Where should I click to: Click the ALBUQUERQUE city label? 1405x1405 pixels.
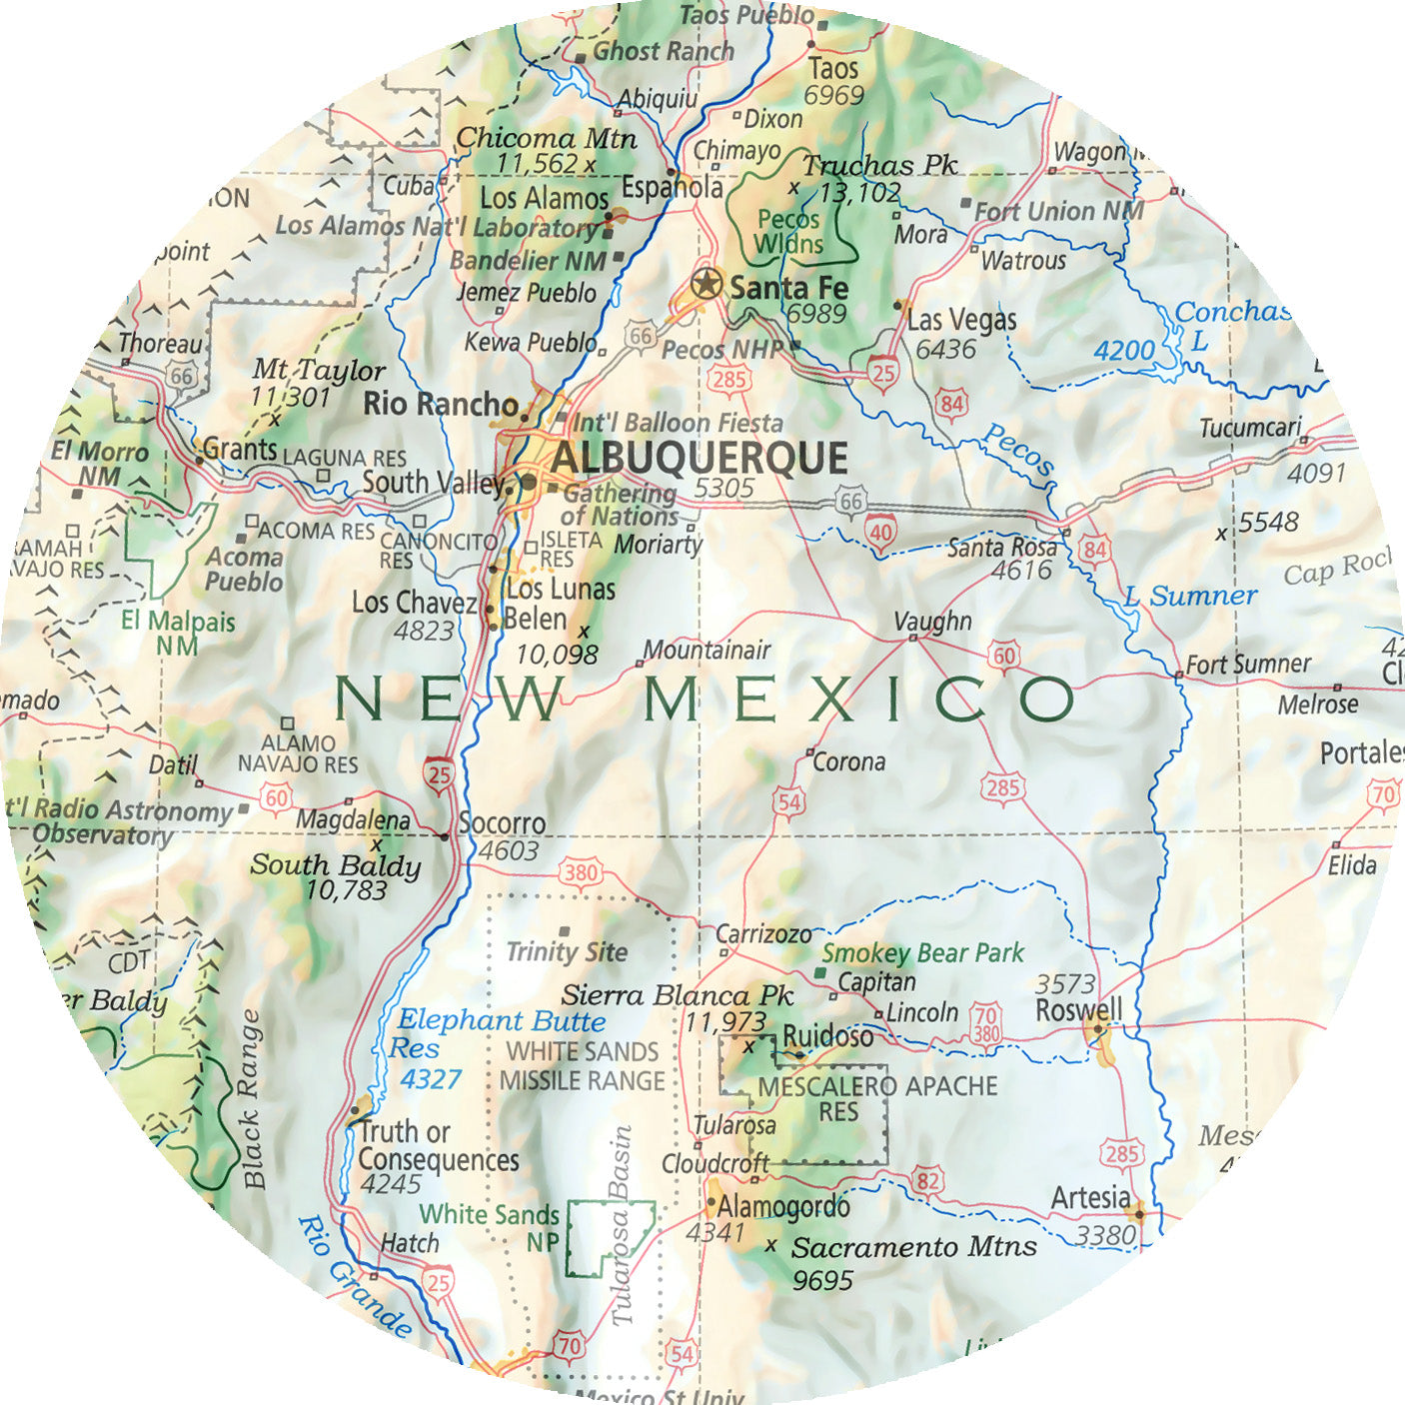(699, 459)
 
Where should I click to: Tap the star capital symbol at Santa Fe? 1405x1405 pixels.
(706, 285)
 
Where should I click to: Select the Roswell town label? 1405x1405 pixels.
(1078, 1010)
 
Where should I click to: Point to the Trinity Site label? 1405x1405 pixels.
(567, 952)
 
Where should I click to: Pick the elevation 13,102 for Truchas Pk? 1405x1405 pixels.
(859, 193)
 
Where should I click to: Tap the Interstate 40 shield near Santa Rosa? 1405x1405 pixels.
(879, 532)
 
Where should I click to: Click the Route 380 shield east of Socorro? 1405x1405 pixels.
(580, 872)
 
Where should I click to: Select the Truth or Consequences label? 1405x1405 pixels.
(438, 1146)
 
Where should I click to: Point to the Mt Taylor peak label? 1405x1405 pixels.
(318, 371)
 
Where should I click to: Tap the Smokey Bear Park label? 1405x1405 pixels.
(922, 953)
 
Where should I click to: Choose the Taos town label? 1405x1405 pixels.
(833, 68)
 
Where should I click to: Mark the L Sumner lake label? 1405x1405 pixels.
(1190, 597)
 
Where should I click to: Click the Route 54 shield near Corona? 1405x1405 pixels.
(788, 800)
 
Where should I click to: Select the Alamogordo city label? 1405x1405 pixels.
(782, 1206)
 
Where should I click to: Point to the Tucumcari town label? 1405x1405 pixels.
(1249, 429)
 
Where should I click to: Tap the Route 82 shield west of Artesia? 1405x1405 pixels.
(928, 1181)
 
